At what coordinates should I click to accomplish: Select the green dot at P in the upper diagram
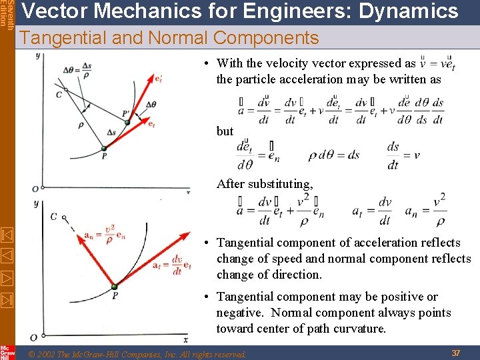point(103,148)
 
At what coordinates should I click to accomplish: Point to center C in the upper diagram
point(65,90)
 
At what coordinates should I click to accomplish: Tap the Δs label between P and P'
point(111,132)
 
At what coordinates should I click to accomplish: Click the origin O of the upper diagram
point(35,189)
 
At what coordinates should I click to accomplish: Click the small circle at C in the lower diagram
point(64,217)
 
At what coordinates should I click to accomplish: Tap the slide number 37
point(455,352)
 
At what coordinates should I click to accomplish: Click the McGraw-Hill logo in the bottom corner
point(7,352)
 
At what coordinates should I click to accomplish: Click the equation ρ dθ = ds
point(333,155)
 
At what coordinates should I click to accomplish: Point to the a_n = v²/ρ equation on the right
point(425,211)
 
